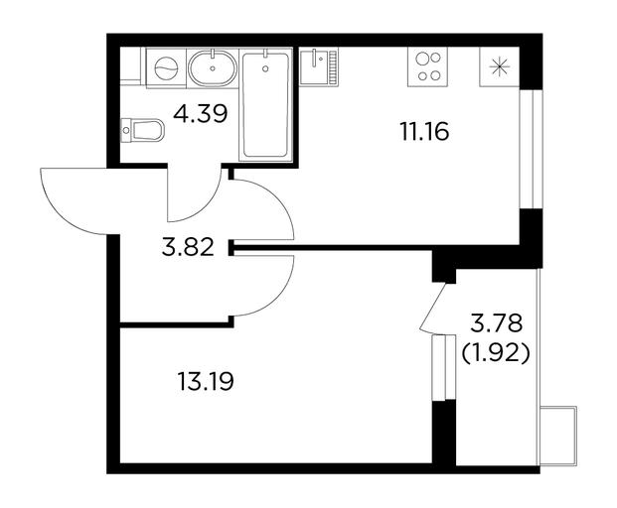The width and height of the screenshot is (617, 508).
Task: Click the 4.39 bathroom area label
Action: [x=201, y=114]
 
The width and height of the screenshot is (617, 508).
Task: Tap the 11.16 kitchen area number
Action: [x=424, y=131]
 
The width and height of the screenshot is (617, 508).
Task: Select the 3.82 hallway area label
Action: [x=188, y=248]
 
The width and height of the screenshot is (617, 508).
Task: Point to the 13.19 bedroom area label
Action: [x=206, y=381]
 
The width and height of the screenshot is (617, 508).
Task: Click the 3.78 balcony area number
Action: [x=497, y=323]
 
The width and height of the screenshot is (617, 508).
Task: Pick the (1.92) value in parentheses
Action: [x=496, y=354]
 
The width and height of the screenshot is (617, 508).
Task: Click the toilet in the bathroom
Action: [x=142, y=130]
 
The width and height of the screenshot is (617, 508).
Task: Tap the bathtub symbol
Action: [x=265, y=105]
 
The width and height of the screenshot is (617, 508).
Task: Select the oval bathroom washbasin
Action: [x=213, y=67]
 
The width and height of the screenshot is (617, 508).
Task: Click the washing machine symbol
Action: [x=166, y=67]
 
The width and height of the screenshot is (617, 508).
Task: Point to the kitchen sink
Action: [x=318, y=66]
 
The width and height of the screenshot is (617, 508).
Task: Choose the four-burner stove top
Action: [x=428, y=66]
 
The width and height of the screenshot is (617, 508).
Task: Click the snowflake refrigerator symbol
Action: [x=499, y=66]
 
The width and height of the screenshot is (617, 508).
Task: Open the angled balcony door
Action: [x=432, y=308]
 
